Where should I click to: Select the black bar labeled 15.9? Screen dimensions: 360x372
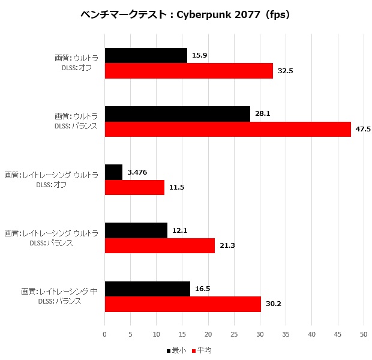146,56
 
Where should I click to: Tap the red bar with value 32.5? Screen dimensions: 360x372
189,71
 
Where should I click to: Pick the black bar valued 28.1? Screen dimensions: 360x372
178,114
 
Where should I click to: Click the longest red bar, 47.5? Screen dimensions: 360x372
228,129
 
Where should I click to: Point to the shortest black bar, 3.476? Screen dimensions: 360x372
113,172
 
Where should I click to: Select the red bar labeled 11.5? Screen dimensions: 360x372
134,187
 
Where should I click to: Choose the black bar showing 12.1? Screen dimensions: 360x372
136,230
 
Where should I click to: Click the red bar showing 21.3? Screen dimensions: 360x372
160,245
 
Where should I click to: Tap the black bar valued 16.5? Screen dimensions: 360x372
148,289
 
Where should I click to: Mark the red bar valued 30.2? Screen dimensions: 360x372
183,304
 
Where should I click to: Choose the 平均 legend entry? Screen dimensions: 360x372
201,350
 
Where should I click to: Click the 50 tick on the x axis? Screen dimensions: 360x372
364,334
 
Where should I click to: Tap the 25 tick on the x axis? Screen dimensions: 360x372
234,334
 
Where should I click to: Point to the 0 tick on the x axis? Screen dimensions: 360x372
105,334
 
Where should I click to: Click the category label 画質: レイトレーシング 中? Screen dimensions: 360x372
59,292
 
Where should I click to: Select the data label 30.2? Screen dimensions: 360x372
274,304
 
